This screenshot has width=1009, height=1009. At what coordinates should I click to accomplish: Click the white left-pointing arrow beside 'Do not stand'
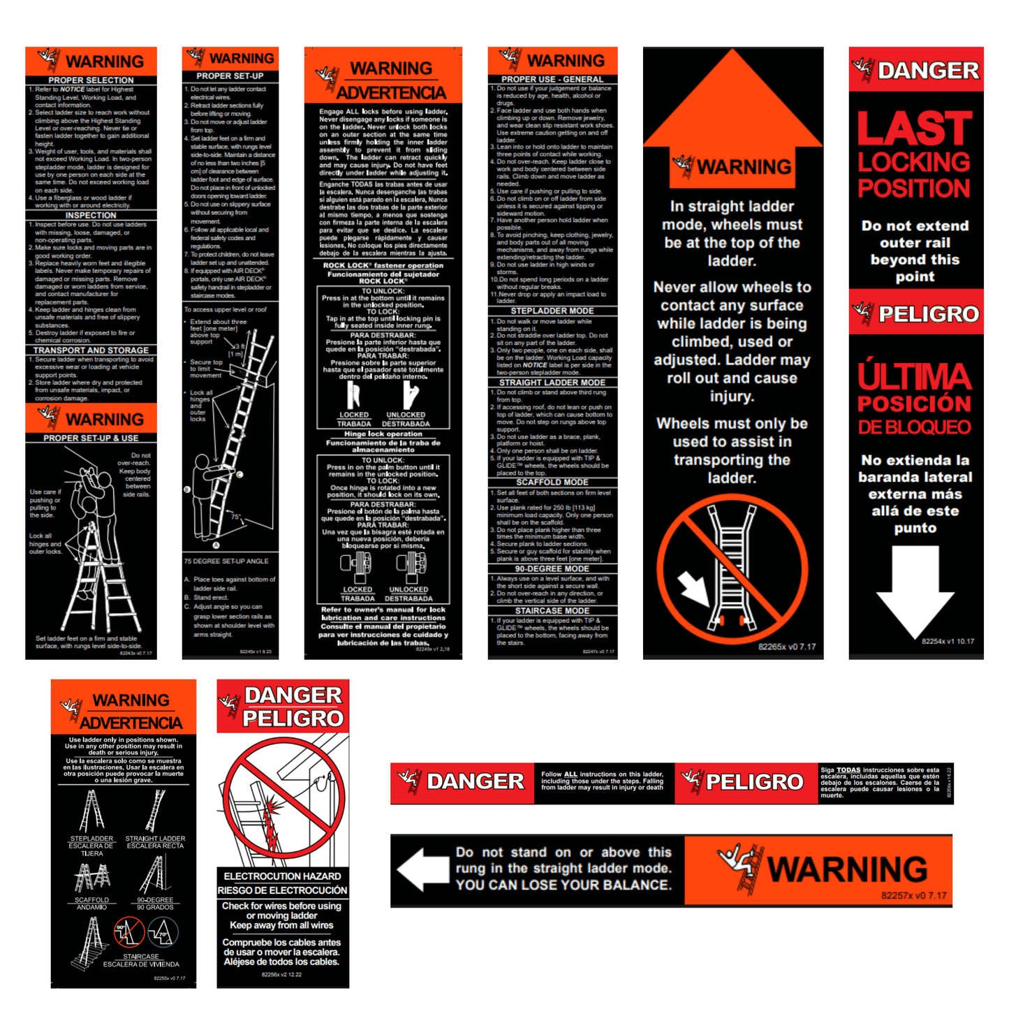(x=422, y=870)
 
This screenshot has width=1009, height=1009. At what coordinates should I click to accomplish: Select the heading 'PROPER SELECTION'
(x=91, y=80)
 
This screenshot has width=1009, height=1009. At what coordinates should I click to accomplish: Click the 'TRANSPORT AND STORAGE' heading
(x=91, y=351)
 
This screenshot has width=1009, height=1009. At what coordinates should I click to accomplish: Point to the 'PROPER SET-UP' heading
(x=230, y=76)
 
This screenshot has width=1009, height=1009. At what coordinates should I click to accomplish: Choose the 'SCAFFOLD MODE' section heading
(x=552, y=483)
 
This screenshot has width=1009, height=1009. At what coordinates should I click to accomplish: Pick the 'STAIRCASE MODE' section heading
(x=552, y=611)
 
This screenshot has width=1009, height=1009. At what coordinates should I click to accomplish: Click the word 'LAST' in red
(x=915, y=129)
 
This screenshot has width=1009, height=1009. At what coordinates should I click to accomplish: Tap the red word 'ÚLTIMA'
(x=915, y=377)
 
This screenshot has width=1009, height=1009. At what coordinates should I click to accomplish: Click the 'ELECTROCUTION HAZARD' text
(x=282, y=876)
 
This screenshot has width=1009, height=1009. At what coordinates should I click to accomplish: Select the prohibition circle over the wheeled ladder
(x=732, y=569)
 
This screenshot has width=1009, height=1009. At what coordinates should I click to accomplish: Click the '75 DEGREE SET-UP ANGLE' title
(x=226, y=561)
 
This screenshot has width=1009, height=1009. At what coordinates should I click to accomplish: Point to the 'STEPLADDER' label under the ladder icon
(x=91, y=839)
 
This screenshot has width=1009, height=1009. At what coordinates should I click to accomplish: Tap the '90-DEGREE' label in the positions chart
(x=155, y=900)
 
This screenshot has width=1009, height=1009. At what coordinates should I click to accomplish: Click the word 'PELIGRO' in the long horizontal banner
(x=754, y=782)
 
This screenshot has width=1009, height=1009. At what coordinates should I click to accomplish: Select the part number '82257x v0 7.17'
(x=913, y=896)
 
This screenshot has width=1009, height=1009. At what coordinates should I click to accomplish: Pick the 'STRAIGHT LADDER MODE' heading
(x=552, y=383)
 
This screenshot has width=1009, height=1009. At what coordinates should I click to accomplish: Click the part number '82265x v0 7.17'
(x=787, y=647)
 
